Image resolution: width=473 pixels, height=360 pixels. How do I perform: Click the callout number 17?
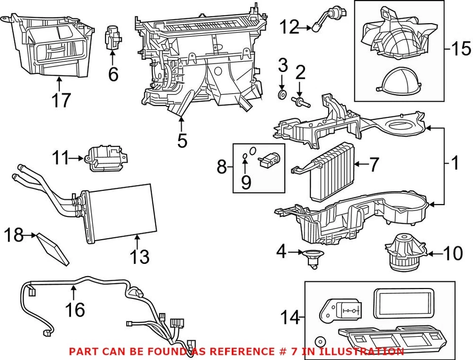(61, 100)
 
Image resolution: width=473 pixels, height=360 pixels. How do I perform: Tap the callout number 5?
(182, 141)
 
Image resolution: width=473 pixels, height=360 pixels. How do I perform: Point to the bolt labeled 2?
(299, 101)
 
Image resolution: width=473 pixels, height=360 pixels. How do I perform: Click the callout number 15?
(461, 49)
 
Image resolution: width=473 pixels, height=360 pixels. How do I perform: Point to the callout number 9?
(245, 183)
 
